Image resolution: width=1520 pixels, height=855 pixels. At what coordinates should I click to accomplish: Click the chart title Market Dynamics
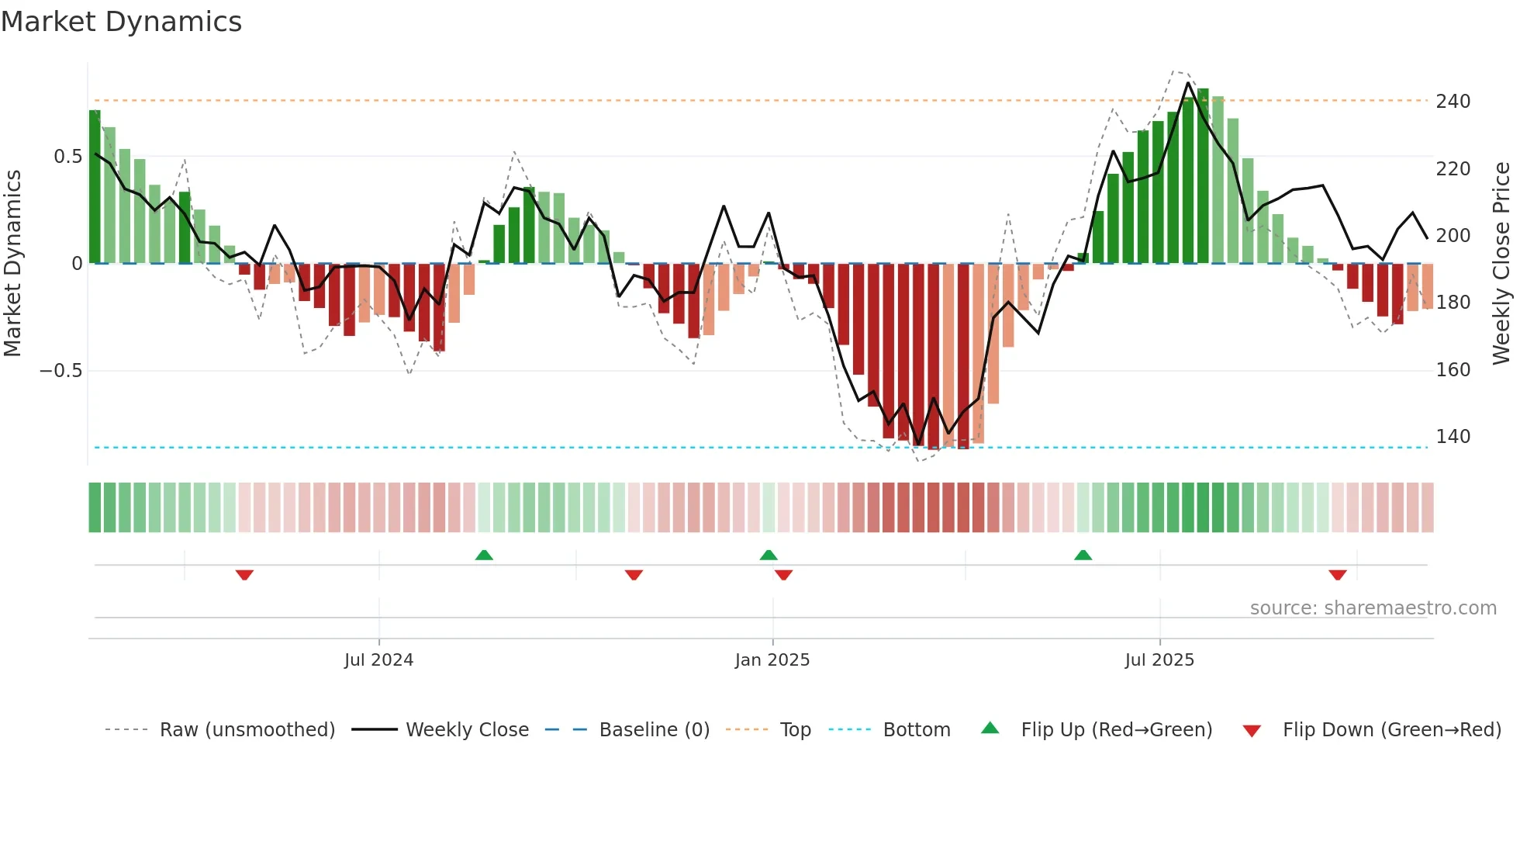click(x=121, y=22)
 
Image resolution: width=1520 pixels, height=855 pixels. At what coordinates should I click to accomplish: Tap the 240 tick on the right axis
click(x=1453, y=102)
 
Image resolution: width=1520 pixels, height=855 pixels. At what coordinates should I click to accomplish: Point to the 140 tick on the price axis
click(x=1453, y=437)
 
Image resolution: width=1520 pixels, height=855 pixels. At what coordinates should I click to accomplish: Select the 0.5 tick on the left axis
click(x=67, y=157)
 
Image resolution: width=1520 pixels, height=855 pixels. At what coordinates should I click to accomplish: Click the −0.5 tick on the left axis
click(x=60, y=371)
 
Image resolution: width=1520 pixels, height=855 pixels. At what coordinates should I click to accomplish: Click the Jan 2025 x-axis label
click(x=772, y=660)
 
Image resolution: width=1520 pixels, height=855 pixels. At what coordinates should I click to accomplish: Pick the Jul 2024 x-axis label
click(x=378, y=660)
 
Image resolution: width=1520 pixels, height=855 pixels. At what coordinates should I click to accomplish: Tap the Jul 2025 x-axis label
click(x=1159, y=660)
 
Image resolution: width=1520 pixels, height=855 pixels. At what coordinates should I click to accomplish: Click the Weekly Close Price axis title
click(x=1501, y=264)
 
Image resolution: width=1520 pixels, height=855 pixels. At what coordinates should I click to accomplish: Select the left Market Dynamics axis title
click(x=12, y=264)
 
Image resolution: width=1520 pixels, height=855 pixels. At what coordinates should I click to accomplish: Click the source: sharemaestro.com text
click(x=1373, y=608)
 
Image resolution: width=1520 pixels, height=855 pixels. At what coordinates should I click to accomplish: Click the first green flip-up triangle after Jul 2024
click(x=484, y=555)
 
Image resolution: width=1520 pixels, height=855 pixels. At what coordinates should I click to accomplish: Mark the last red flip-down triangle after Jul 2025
click(x=1337, y=575)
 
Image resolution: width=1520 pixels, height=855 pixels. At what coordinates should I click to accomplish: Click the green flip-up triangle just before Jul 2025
click(x=1083, y=555)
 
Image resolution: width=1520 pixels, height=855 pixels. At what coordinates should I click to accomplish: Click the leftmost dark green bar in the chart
click(x=95, y=186)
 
